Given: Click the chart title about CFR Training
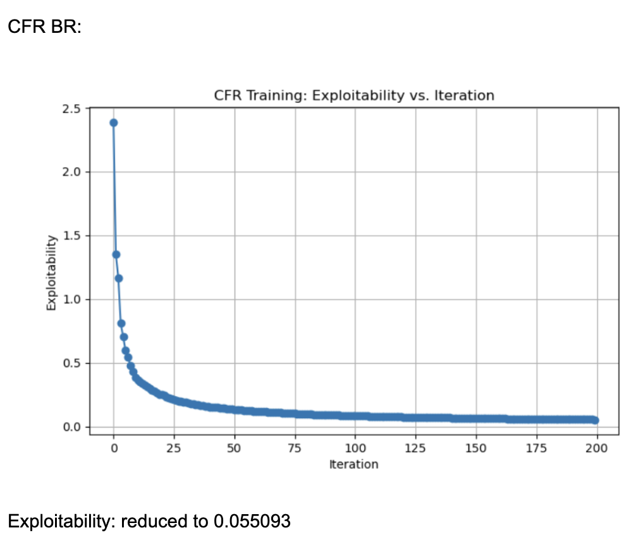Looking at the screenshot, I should pos(353,96).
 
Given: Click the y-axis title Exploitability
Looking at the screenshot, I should pos(52,272).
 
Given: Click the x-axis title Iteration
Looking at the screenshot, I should pos(353,465).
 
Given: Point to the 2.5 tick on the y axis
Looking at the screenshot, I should pos(73,109).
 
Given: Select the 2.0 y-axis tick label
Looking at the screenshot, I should pos(73,172).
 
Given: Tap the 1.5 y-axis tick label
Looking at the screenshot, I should pos(73,236).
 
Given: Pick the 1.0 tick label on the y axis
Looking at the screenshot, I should pos(73,299).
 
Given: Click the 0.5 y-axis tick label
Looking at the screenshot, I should pos(73,363).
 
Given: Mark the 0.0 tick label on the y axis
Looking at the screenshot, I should pos(73,427).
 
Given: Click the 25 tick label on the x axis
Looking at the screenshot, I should pos(174,449).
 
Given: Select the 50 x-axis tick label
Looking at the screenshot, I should pos(235,449).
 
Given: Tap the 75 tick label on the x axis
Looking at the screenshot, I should pos(295,449).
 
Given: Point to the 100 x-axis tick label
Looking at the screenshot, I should pos(355,449).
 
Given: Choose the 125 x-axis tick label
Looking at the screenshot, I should pos(415,449).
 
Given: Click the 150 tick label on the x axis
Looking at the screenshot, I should pos(476,449).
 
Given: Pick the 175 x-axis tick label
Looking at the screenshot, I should pos(536,449).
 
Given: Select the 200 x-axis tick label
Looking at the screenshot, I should pos(597,449).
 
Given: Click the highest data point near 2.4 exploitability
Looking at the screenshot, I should pos(114,123).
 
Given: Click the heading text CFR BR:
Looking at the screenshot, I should pos(44,28).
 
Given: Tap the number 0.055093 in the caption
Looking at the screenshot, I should pos(252,521).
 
